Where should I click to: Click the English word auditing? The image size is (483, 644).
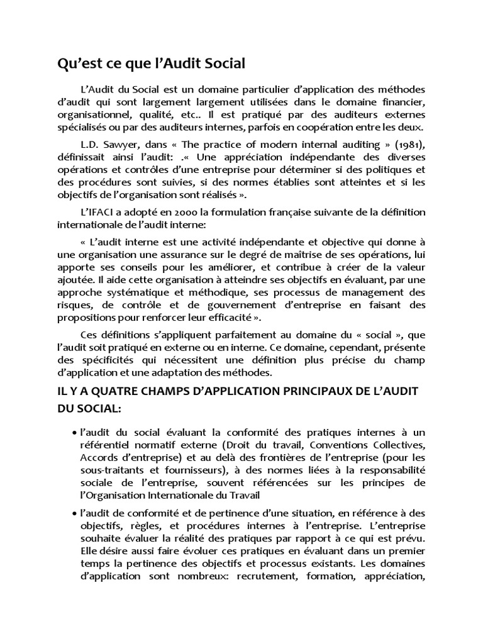pyautogui.click(x=328, y=144)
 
